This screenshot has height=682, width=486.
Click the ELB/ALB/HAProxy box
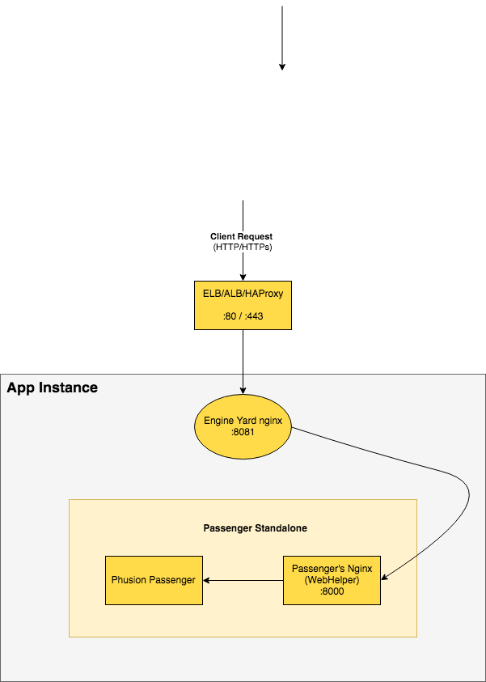[x=243, y=305]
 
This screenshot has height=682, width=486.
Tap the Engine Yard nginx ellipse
[x=243, y=426]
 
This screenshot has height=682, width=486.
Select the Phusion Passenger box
[x=154, y=580]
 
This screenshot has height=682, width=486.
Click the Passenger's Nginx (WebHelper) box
[x=332, y=580]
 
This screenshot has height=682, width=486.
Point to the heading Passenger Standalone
[x=255, y=528]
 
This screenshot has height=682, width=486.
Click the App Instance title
[x=53, y=388]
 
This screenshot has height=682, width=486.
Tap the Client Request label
[x=243, y=236]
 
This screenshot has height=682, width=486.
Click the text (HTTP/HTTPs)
[x=243, y=247]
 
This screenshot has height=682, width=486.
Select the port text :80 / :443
[x=243, y=317]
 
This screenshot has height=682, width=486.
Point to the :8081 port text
[x=243, y=433]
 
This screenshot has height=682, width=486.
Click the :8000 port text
[x=332, y=591]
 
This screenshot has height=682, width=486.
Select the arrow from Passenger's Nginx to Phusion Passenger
[x=243, y=580]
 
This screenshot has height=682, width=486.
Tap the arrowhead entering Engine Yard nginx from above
[x=243, y=391]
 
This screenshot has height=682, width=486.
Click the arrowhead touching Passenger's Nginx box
[x=384, y=578]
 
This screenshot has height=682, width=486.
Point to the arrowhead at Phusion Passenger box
[x=206, y=580]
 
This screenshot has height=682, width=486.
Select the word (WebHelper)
[x=332, y=580]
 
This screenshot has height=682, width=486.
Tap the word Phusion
[x=129, y=580]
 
